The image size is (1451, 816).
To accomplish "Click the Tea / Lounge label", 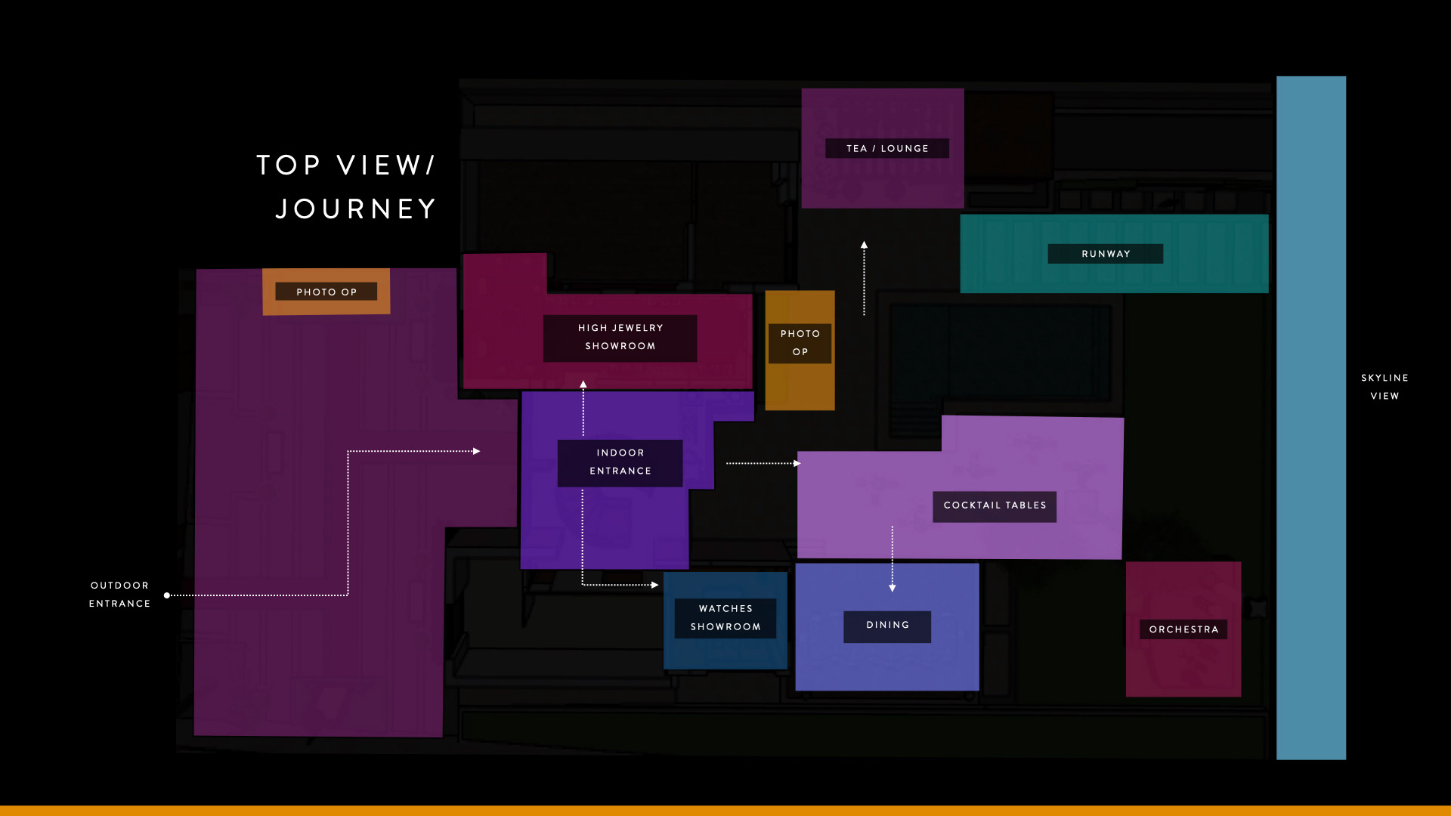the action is [x=887, y=149].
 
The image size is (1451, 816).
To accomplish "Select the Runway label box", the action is [x=1105, y=254].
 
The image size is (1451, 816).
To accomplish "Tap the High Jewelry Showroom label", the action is [x=620, y=338].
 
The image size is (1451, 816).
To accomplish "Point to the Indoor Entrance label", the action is [x=620, y=462].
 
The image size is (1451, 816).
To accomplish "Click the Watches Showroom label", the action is [x=725, y=618].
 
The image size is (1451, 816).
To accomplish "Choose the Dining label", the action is [x=887, y=626].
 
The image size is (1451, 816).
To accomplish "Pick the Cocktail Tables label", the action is [x=995, y=505].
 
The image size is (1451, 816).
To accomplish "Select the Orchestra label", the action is [x=1183, y=629].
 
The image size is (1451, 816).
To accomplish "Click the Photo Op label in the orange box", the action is [x=326, y=292].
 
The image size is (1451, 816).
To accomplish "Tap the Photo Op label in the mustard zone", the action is [x=800, y=343].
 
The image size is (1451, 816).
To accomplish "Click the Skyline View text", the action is [x=1384, y=387].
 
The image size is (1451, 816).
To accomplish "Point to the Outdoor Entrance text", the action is [x=119, y=595].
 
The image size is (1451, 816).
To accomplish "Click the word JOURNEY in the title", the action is [x=356, y=209].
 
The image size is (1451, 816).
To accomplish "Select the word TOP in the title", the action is [x=289, y=165].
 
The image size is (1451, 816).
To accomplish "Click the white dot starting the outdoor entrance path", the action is [x=167, y=595].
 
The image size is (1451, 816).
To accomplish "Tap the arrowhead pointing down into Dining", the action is [x=893, y=588].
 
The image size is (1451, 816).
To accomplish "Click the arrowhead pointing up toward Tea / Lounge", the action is [x=864, y=245].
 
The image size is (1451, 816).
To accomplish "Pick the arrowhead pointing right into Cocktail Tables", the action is [x=797, y=463].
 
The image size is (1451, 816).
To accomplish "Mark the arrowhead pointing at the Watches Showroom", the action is [x=655, y=585].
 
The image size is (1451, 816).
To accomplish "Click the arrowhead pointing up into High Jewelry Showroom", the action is [x=583, y=385].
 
